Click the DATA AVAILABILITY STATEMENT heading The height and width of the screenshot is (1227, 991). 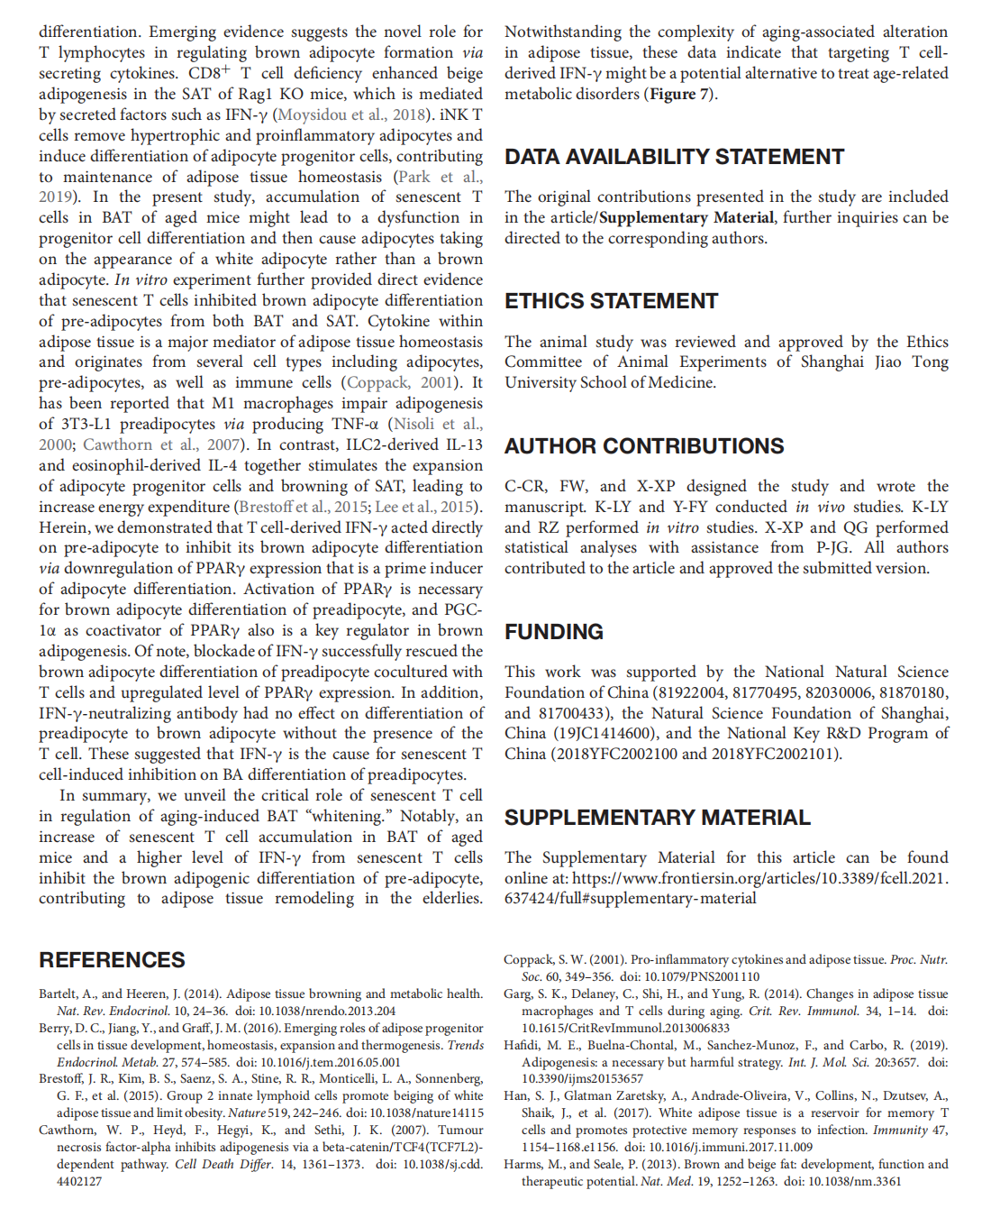click(674, 157)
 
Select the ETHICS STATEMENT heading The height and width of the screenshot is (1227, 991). click(611, 301)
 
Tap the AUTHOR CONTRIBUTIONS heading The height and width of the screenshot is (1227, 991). click(644, 446)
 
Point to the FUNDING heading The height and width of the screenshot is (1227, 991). click(553, 632)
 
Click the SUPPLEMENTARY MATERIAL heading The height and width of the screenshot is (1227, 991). click(657, 818)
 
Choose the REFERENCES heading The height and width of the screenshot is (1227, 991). click(112, 960)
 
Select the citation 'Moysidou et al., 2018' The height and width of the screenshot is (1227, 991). click(352, 114)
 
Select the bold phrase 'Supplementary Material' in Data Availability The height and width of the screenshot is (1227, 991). click(686, 218)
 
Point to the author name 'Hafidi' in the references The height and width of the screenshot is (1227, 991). click(522, 1046)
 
